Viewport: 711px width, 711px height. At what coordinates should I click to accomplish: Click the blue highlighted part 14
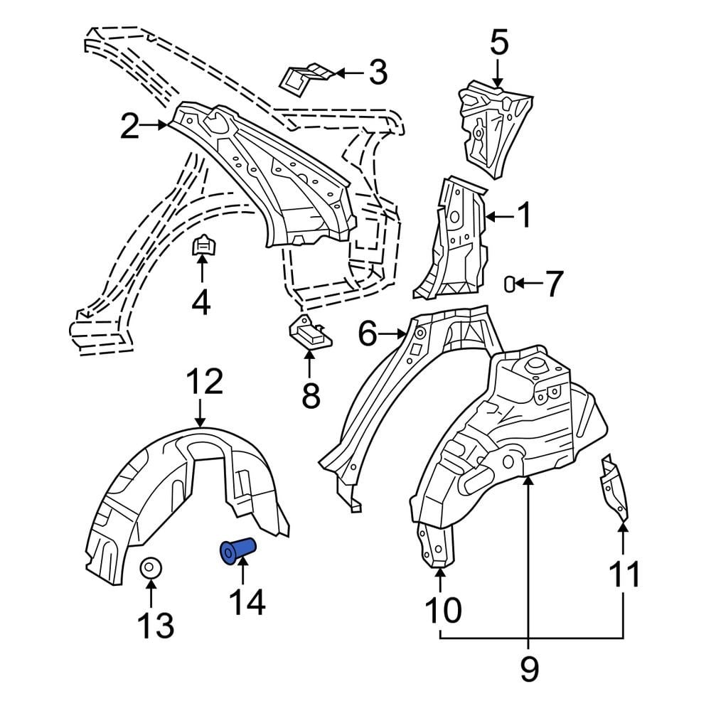tap(238, 551)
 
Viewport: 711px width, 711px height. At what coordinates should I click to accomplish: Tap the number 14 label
tap(246, 602)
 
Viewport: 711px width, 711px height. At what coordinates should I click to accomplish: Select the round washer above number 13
tap(151, 570)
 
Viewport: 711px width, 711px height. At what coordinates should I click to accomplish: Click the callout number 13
tap(156, 626)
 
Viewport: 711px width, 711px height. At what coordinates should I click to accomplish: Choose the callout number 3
tap(377, 73)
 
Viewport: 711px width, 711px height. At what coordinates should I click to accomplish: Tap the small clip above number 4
tap(203, 247)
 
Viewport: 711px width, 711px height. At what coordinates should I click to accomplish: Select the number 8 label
tap(311, 395)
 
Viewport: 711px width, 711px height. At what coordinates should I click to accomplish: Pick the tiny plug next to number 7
tap(509, 284)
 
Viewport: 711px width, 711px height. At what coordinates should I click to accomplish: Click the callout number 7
tap(553, 284)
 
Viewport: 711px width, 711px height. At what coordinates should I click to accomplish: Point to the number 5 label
tap(499, 43)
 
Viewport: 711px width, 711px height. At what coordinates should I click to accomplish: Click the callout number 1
tap(524, 215)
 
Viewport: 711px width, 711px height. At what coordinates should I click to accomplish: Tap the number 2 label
tap(129, 126)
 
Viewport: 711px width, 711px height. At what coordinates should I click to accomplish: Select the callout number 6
tap(367, 333)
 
